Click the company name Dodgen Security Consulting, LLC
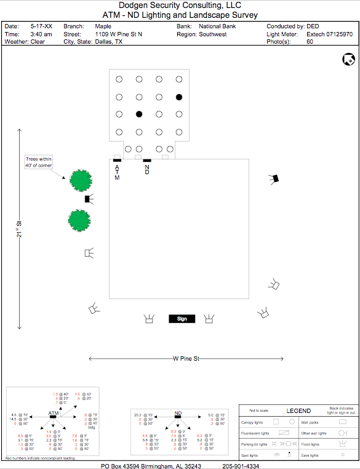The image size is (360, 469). tap(180, 6)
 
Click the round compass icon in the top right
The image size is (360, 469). tap(348, 59)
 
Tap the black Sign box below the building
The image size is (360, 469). tap(182, 319)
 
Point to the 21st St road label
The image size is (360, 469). tap(20, 230)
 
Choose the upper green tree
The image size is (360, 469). tap(80, 180)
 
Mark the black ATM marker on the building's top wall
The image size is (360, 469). tap(118, 161)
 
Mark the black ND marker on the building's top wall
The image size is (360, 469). tap(147, 161)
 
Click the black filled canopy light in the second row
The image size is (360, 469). tap(178, 97)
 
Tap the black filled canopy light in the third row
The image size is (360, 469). tap(139, 114)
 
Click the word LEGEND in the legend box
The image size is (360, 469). tap(298, 411)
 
